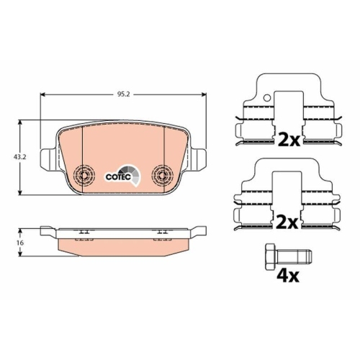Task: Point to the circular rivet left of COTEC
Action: (x=84, y=175)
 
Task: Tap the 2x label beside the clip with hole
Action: (x=289, y=138)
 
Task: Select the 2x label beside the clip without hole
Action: (x=289, y=223)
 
